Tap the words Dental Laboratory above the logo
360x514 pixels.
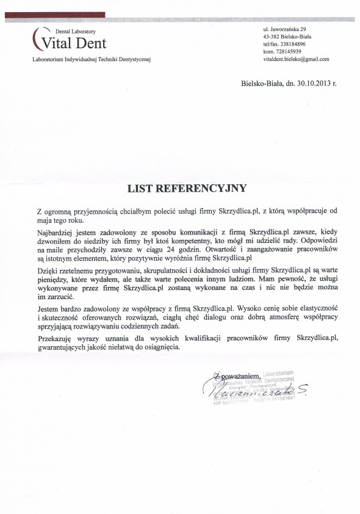tap(76, 30)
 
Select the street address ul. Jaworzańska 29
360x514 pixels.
tap(289, 29)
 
